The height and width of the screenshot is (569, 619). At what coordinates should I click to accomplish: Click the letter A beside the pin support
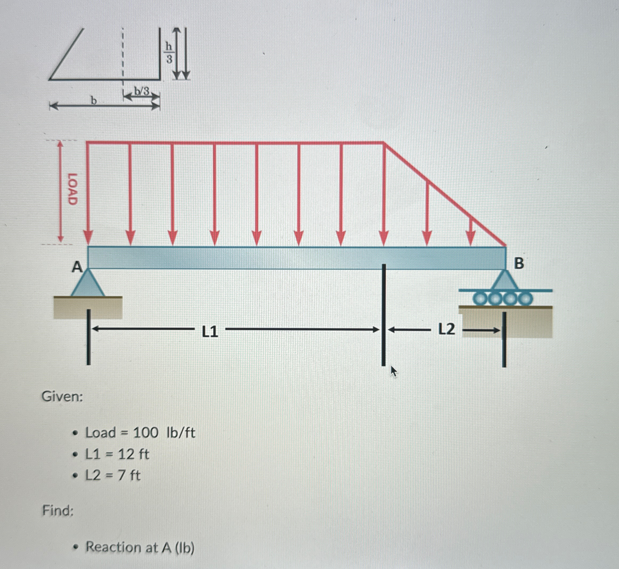coord(77,267)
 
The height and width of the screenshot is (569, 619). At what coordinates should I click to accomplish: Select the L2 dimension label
coord(446,330)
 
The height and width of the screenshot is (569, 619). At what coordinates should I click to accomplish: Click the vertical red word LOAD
coord(72,189)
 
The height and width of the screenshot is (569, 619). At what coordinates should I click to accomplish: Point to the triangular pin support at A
coord(88,284)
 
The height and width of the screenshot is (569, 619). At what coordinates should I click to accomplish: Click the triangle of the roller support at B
coord(504,280)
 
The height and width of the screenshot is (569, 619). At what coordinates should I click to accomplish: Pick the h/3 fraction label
coord(169,53)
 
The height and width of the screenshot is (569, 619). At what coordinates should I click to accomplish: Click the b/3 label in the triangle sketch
coord(141,91)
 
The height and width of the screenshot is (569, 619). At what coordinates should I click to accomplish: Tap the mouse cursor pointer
coord(394,371)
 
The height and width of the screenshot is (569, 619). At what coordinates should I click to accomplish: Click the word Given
coord(62,396)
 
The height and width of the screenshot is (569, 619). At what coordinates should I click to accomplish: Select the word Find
coord(58,511)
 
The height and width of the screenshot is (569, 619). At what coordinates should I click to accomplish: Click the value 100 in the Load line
coord(145,433)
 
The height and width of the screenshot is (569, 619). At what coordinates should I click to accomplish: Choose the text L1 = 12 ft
coord(117,454)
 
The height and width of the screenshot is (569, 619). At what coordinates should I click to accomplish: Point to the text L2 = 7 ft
coord(113,475)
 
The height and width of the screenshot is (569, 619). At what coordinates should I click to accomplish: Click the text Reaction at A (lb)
coord(140,547)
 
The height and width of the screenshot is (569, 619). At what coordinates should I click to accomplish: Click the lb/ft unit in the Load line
coord(181,433)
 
